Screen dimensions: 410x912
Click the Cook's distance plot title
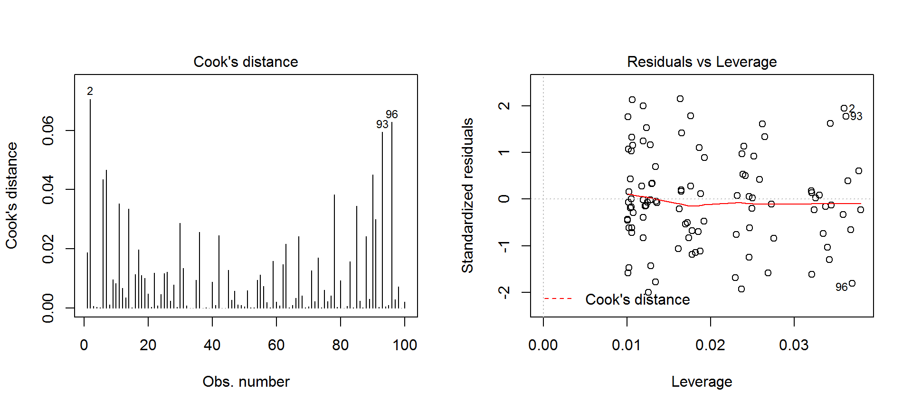(x=246, y=62)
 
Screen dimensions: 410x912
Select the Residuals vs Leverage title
(x=702, y=62)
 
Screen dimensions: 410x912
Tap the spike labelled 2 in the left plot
(x=90, y=204)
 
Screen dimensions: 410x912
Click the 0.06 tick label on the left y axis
(x=48, y=130)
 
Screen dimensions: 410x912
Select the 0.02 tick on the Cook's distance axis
(x=48, y=249)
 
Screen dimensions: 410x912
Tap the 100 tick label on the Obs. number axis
(x=405, y=345)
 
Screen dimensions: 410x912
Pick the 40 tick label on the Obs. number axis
(x=212, y=345)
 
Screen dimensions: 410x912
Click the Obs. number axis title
(x=246, y=382)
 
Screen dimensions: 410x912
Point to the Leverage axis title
(x=702, y=382)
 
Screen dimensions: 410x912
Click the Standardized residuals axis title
(x=467, y=196)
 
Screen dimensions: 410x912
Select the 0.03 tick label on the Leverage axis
(x=794, y=345)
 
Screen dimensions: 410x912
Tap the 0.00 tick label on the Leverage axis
(x=543, y=345)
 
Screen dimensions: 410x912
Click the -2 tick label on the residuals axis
(x=504, y=292)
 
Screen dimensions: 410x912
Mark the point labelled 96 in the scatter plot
(x=852, y=283)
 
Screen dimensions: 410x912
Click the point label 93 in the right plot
(x=856, y=116)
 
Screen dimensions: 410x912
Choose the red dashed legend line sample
(x=558, y=298)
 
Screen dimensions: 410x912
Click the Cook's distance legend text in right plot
(x=637, y=299)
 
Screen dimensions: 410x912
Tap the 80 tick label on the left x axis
(x=340, y=345)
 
